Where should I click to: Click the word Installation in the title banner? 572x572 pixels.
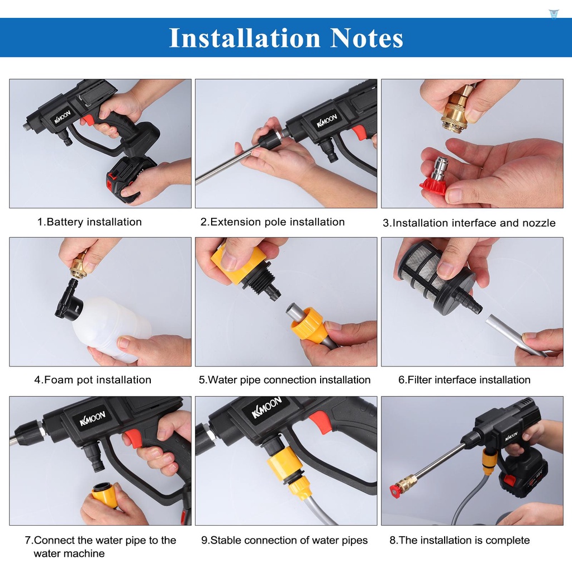pyautogui.click(x=245, y=38)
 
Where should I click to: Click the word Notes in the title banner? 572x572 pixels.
pyautogui.click(x=366, y=38)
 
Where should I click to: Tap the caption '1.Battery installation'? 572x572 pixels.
pyautogui.click(x=89, y=222)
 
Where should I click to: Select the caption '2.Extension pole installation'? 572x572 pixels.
pyautogui.click(x=273, y=222)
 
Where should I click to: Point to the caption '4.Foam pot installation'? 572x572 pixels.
pyautogui.click(x=93, y=380)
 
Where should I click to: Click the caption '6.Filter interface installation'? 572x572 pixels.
pyautogui.click(x=464, y=380)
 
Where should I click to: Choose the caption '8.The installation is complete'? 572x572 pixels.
pyautogui.click(x=459, y=540)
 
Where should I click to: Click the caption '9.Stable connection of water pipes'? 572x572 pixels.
pyautogui.click(x=284, y=540)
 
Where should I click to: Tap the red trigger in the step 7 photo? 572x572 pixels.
pyautogui.click(x=134, y=438)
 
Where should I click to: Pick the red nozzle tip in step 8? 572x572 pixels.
pyautogui.click(x=396, y=491)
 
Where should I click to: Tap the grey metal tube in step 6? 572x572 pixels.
pyautogui.click(x=514, y=335)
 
